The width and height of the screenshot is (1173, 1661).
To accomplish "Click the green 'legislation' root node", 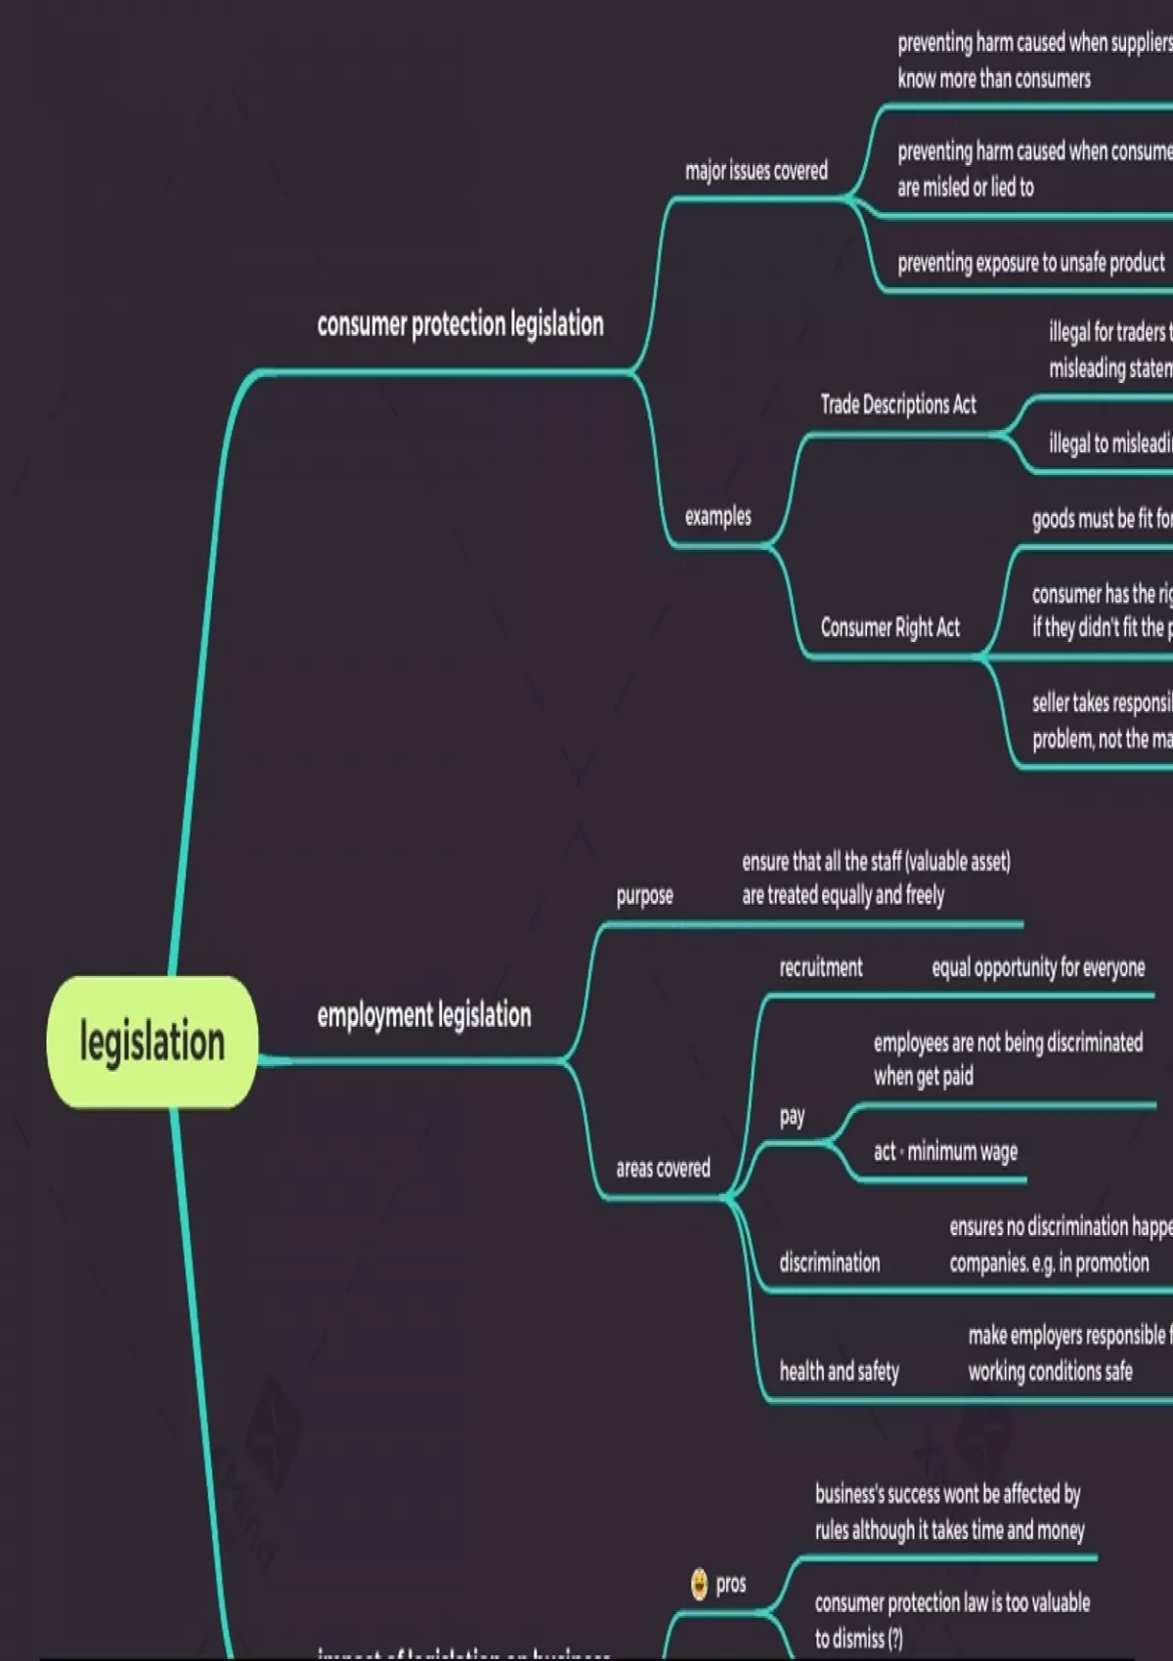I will (152, 1042).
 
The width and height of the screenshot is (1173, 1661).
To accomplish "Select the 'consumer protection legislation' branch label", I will (460, 324).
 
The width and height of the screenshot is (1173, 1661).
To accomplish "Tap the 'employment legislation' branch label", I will (424, 1015).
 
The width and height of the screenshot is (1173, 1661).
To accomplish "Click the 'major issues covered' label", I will (757, 171).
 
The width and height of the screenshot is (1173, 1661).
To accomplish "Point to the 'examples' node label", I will (717, 516).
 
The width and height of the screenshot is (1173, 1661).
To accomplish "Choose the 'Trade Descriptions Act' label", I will (898, 405).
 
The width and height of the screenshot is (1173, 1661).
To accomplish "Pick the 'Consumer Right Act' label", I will (891, 627).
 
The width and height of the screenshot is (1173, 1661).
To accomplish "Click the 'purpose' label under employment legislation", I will (644, 895).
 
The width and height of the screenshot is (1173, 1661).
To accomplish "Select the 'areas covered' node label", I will (663, 1168).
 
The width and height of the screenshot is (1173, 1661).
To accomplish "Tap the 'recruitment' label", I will (821, 967).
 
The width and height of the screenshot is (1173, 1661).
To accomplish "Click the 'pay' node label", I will (792, 1116).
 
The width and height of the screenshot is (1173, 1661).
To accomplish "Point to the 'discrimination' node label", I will (830, 1262).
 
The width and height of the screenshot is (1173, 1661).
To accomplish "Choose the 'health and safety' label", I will (839, 1372).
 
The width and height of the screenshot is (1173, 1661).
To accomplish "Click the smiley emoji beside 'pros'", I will (699, 1584).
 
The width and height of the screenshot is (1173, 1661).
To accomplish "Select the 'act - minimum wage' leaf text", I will (945, 1152).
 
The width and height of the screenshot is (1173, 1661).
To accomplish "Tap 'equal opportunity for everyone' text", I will (1038, 967).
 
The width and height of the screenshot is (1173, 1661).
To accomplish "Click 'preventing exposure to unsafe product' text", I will (1031, 263).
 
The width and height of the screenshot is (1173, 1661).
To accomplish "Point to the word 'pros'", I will (731, 1584).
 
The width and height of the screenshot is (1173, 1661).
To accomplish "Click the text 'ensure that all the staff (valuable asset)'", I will (876, 862).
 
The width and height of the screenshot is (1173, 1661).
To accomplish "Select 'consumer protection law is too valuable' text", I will (952, 1602).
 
